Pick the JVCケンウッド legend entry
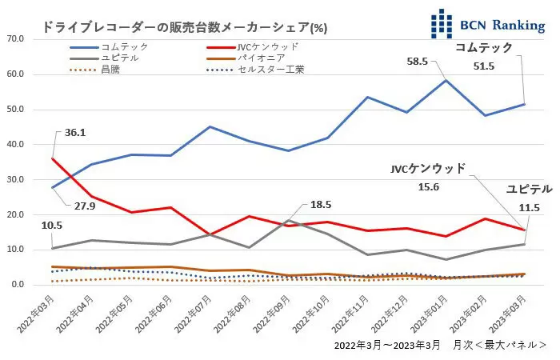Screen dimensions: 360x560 [268, 48]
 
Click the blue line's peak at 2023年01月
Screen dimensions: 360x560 [446, 80]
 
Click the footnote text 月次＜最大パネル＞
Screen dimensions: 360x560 [508, 345]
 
